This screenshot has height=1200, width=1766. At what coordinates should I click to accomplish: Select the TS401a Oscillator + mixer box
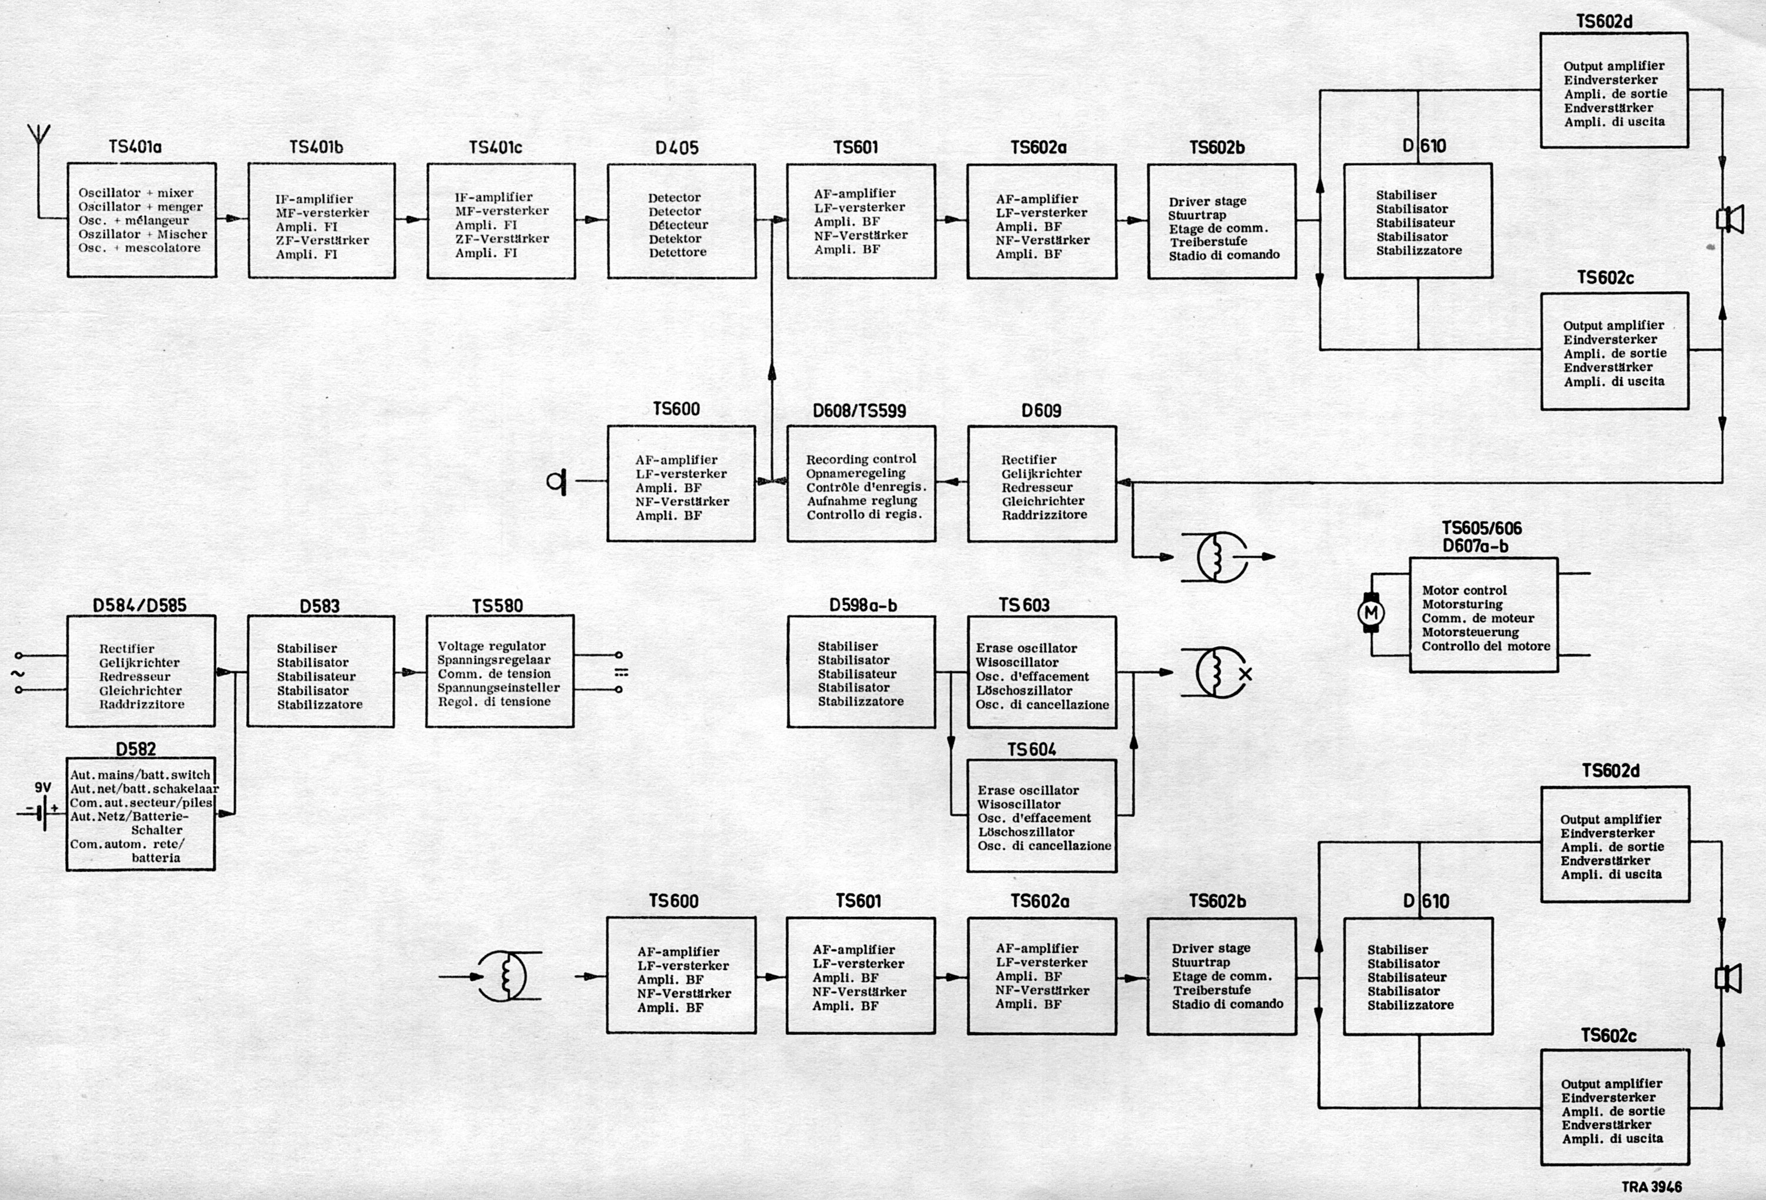[141, 220]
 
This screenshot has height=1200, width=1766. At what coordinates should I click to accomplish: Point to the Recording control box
[861, 484]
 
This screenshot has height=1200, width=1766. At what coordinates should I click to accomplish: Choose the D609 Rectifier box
[1042, 484]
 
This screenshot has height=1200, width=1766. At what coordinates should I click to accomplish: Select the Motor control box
[1483, 615]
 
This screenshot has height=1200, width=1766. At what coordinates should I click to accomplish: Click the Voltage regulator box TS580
[499, 672]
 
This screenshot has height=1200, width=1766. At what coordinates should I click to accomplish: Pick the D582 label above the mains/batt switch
[135, 749]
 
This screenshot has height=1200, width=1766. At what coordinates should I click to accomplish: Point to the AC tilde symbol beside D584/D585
[16, 673]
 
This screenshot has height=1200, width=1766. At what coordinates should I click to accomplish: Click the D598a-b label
[862, 606]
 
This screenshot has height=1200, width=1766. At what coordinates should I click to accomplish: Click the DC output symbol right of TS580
[621, 672]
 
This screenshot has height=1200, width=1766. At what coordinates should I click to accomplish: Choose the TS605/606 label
[1481, 528]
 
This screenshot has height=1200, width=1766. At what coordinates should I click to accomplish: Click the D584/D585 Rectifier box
[141, 672]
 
